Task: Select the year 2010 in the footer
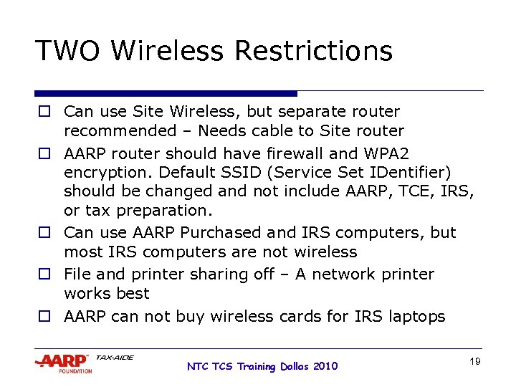coord(324,366)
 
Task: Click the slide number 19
coord(474,362)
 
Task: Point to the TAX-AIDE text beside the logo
coord(114,357)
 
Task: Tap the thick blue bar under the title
coord(166,93)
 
